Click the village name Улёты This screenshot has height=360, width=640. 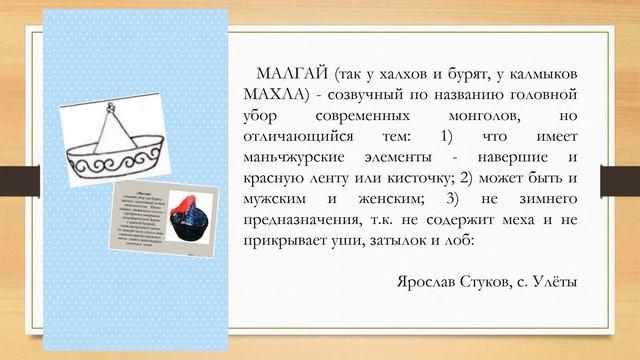pyautogui.click(x=554, y=283)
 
